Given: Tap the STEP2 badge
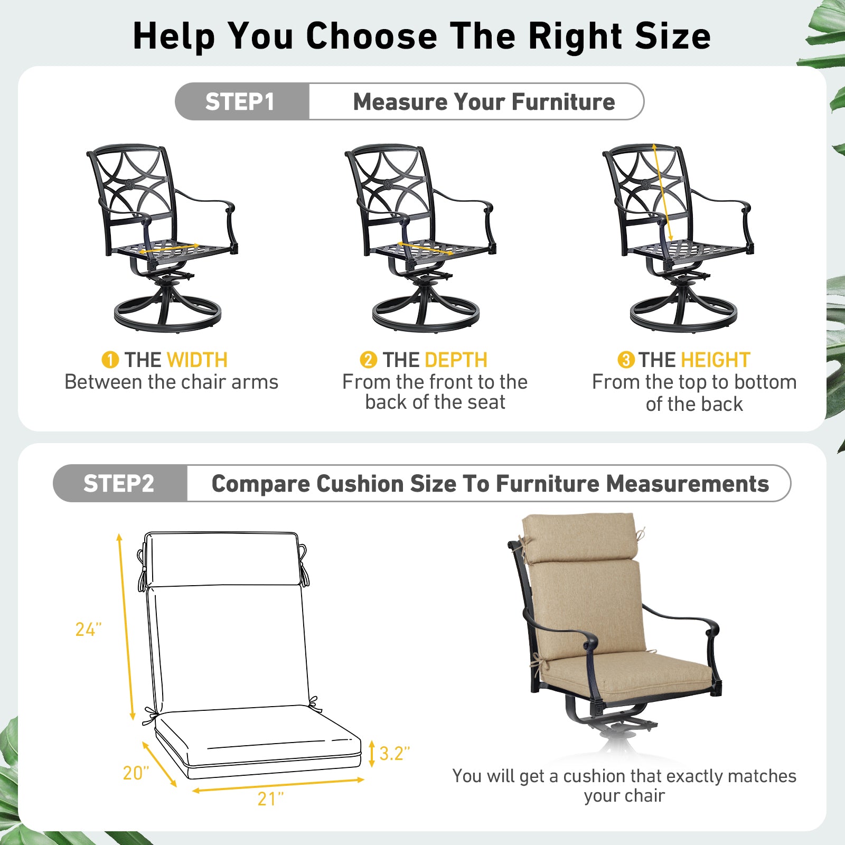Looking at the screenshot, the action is click(120, 483).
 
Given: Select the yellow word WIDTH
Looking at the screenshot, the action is click(197, 360).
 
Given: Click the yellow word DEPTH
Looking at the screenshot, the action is click(456, 360).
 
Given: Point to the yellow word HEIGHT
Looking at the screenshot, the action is click(716, 360).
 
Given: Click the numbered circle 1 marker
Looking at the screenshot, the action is click(110, 360).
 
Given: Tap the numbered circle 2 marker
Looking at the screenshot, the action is click(368, 360).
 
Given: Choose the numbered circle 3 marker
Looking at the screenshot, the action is click(626, 360).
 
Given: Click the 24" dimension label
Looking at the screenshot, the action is click(88, 630).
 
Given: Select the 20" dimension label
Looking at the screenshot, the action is click(136, 773).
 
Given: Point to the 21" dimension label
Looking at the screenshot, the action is click(270, 799).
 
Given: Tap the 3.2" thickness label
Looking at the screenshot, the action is click(395, 754).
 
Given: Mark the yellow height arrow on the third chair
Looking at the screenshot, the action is click(662, 193).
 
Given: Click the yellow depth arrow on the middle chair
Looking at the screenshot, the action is click(425, 248).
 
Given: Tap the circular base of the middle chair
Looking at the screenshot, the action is click(426, 315).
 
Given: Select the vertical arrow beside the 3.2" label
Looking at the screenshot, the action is click(372, 754).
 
